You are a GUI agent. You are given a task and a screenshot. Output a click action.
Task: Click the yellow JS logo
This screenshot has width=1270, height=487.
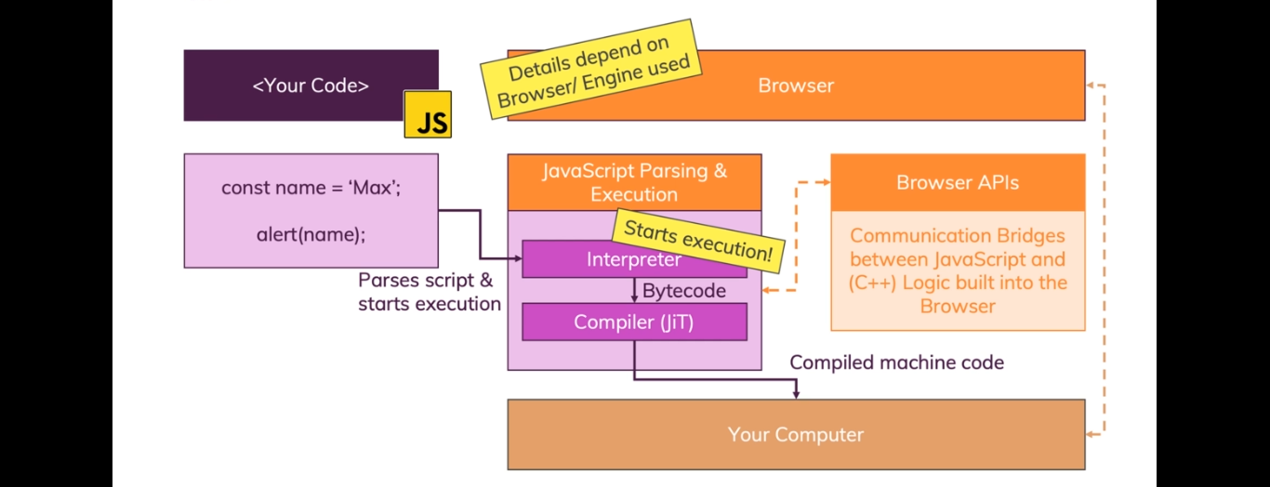428,114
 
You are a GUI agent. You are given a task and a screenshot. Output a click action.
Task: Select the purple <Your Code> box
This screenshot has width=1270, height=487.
311,86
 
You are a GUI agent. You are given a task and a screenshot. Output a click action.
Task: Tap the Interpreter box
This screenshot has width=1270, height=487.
634,259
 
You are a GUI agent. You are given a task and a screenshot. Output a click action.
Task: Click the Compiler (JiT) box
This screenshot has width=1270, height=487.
634,322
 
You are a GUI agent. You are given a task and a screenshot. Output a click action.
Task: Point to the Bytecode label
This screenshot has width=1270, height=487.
683,291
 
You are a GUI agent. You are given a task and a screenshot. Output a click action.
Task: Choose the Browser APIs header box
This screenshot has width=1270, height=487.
959,182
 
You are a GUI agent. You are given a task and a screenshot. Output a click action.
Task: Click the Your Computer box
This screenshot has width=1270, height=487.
796,435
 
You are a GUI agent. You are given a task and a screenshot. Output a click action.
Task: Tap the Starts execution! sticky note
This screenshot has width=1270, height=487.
698,241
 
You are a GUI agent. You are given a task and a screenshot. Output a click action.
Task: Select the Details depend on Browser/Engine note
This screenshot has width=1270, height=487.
591,70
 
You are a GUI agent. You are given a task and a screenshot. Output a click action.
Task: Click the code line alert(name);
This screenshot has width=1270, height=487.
311,234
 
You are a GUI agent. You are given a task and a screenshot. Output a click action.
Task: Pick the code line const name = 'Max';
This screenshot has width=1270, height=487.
311,188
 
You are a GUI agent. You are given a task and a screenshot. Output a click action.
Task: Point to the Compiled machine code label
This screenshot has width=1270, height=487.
897,362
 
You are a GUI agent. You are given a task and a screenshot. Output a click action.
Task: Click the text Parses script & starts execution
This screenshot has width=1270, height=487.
430,292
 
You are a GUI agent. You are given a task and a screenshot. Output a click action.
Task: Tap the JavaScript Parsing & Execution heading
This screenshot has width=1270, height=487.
634,182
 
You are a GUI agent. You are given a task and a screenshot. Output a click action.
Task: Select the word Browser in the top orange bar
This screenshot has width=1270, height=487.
796,86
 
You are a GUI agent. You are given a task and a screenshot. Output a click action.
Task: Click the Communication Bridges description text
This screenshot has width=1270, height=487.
959,271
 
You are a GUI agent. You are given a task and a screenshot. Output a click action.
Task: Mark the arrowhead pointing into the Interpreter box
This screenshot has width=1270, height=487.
517,258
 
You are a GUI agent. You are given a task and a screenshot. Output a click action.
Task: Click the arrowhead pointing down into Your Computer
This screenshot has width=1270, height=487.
796,393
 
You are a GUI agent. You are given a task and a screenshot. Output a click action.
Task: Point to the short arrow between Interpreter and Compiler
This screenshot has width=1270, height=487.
634,290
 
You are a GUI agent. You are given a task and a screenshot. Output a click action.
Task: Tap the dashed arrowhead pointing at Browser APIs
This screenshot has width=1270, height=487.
827,182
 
